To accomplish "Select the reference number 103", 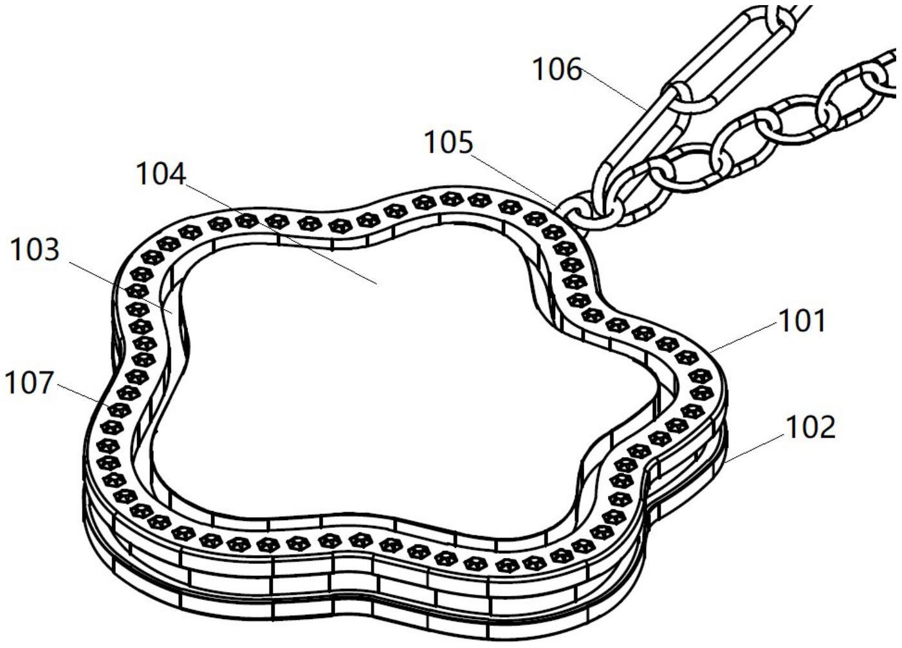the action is click(35, 249).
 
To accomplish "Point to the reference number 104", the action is click(161, 174).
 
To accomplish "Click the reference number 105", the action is click(449, 143).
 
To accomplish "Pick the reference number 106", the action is click(557, 69).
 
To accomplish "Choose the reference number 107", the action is click(29, 382).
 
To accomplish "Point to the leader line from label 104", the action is click(281, 233).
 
